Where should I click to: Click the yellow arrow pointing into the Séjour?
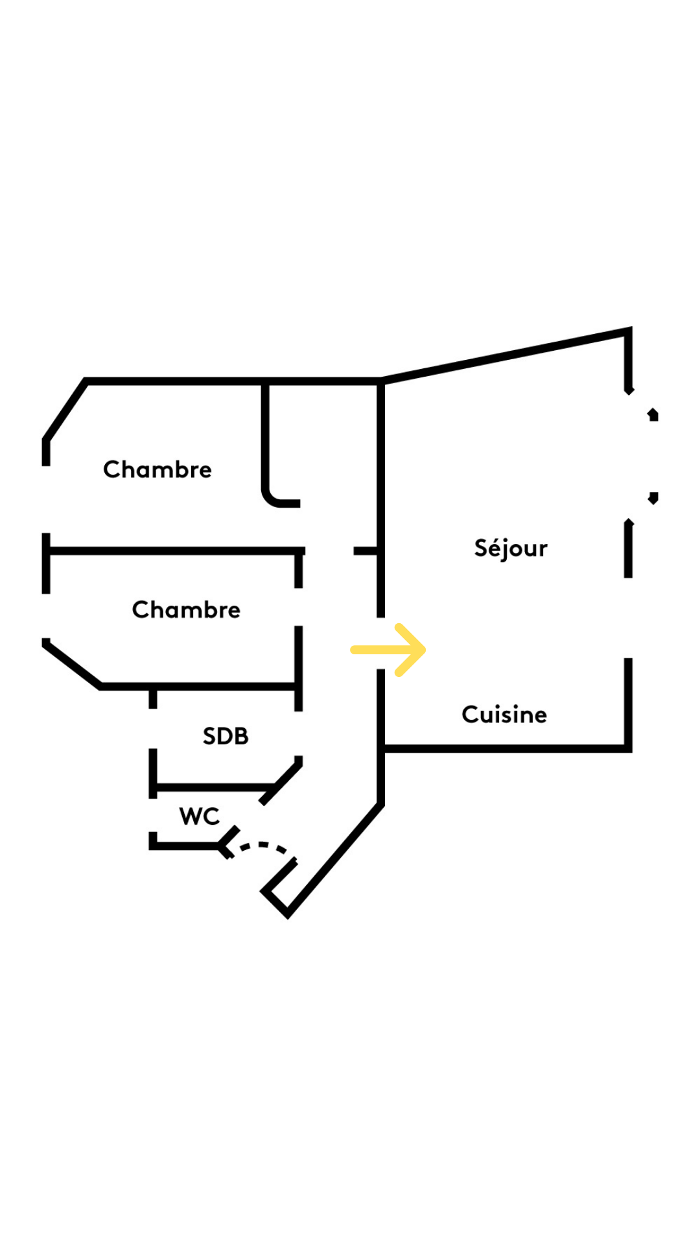pyautogui.click(x=387, y=650)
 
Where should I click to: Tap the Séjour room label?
pyautogui.click(x=511, y=549)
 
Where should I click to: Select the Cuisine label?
pyautogui.click(x=504, y=715)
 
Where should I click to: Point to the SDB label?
pyautogui.click(x=226, y=736)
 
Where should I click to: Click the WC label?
pyautogui.click(x=200, y=816)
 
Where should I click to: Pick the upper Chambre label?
pyautogui.click(x=157, y=469)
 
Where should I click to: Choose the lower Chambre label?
pyautogui.click(x=186, y=610)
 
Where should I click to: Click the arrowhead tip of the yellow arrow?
pyautogui.click(x=423, y=650)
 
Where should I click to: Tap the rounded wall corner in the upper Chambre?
pyautogui.click(x=271, y=498)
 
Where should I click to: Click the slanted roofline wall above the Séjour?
pyautogui.click(x=506, y=355)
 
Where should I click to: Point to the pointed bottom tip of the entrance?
pyautogui.click(x=287, y=915)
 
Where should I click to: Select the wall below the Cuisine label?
pyautogui.click(x=506, y=749)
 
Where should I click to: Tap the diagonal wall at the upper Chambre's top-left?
pyautogui.click(x=65, y=410)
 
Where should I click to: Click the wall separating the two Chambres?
pyautogui.click(x=175, y=551)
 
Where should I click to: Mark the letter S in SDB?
pyautogui.click(x=209, y=736)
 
